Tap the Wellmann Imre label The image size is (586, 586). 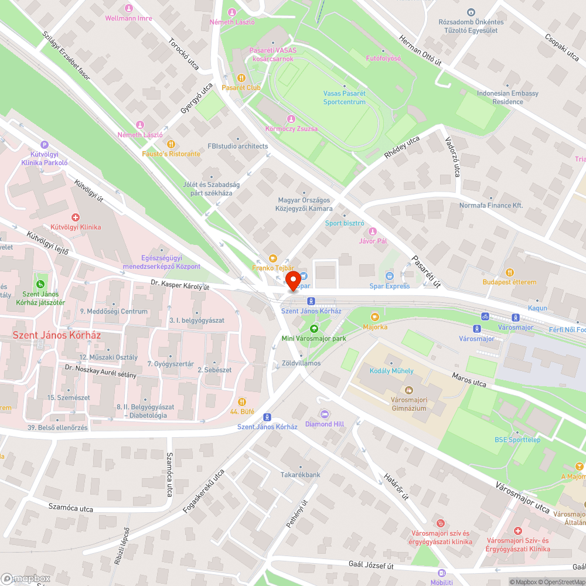128,18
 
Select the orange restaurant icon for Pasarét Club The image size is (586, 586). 241,77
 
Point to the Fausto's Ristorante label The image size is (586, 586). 171,154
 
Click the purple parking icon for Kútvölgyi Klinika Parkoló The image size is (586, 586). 45,145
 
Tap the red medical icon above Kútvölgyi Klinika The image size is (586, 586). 76,217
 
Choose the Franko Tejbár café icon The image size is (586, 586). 272,258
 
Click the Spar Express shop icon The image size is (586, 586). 390,276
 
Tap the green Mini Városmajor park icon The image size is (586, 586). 314,329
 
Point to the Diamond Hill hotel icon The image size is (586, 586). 325,414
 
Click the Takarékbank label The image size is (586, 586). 300,475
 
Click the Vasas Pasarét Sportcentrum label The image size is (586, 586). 344,97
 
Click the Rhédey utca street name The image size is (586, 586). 402,148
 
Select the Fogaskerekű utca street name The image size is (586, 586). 203,492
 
